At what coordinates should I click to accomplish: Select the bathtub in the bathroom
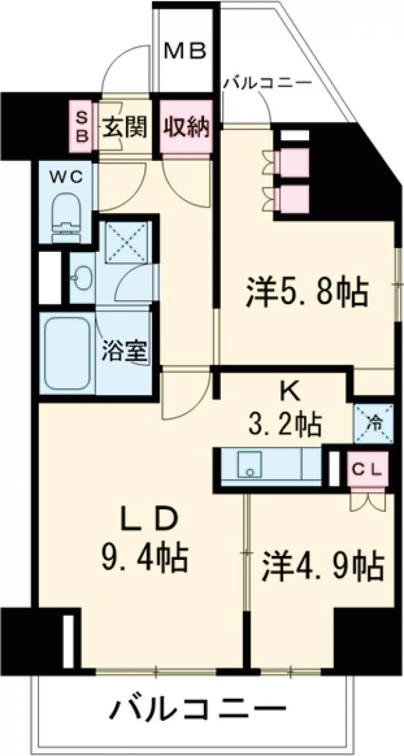67,352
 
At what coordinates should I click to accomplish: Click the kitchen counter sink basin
250,465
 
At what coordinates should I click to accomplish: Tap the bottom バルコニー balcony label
195,710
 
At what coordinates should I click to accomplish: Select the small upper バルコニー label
267,83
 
